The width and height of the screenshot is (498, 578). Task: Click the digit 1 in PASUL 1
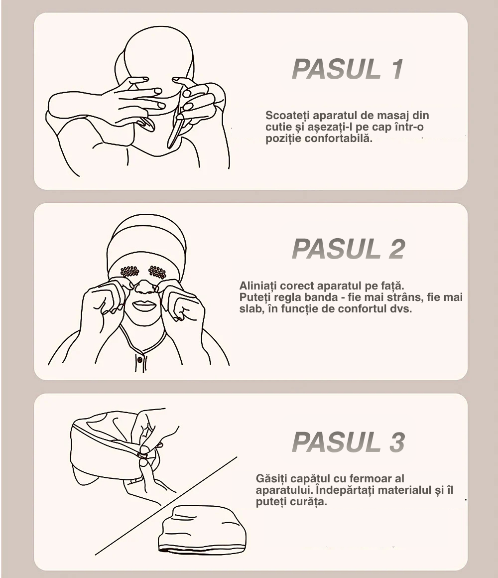(x=397, y=69)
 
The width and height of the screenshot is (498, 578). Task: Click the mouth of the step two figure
(x=144, y=305)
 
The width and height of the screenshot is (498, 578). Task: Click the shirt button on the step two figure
(x=139, y=359)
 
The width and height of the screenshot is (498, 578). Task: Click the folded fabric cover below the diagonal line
(x=202, y=529)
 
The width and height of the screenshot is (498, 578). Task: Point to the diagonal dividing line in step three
(x=166, y=506)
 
